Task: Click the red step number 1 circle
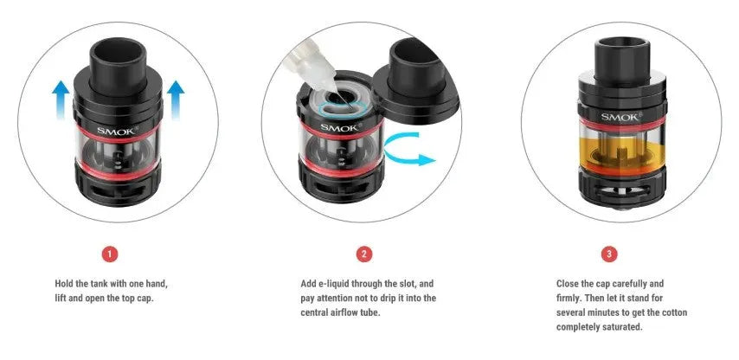point(110,254)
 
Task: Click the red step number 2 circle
point(363,254)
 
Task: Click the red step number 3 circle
point(609,254)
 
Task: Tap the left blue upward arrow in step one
point(61,100)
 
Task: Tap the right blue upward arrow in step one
point(176,100)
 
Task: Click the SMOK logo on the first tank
point(118,131)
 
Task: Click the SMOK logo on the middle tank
point(341,126)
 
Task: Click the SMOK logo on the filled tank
point(621,116)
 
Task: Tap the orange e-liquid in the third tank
point(622,154)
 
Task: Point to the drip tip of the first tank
point(118,64)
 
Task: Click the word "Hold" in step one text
point(65,284)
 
